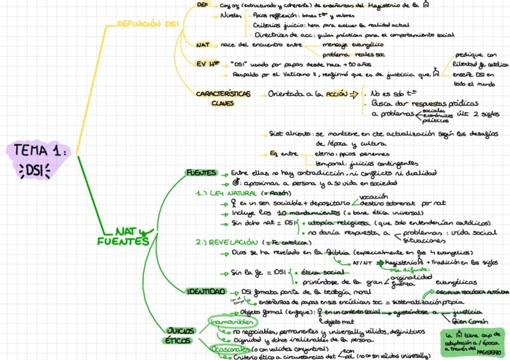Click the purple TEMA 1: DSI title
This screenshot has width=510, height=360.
tap(41, 159)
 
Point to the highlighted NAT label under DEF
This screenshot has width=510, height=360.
tap(203, 44)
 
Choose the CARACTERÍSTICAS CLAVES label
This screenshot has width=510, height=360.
tap(222, 98)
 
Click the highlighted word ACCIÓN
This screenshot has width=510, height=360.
tap(334, 94)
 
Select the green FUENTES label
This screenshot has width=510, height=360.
tap(201, 173)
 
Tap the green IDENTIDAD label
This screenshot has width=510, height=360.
tap(206, 291)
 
